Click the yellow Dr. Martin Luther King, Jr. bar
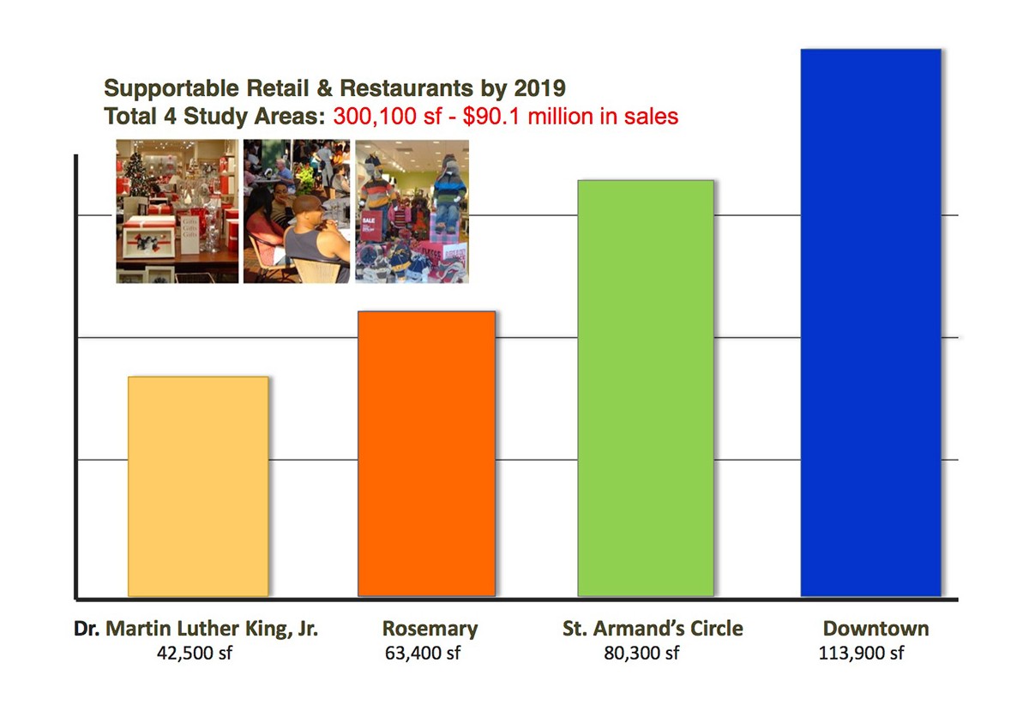(198, 485)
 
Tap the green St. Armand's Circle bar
(646, 388)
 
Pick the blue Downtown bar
(870, 322)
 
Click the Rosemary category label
(430, 629)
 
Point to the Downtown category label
(876, 629)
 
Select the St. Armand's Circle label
(653, 629)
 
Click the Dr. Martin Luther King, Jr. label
(196, 629)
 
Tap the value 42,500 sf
(195, 654)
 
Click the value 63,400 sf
(423, 654)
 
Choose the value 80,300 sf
(641, 654)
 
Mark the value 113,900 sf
(862, 654)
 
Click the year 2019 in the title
(540, 88)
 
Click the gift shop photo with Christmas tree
(178, 211)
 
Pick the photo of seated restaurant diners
(297, 211)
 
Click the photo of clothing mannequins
(412, 211)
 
